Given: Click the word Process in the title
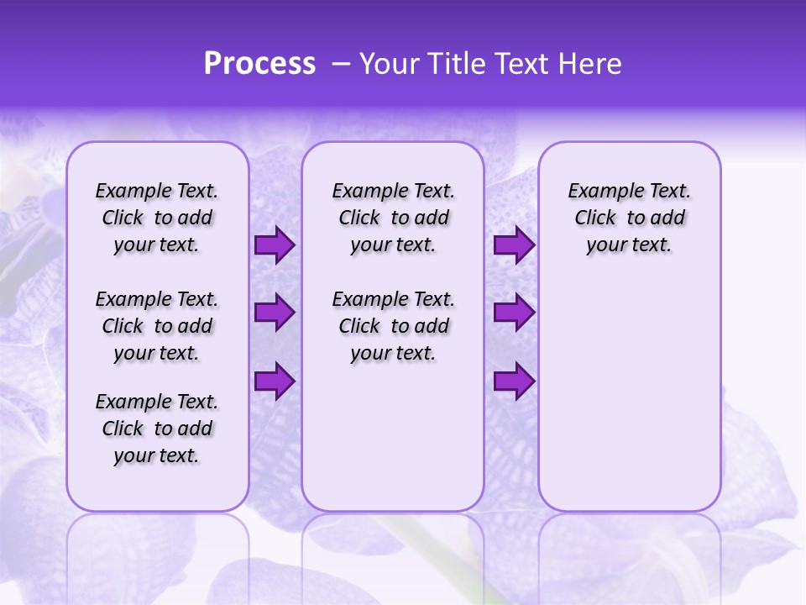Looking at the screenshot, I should point(259,64).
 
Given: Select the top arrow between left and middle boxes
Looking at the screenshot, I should point(275,245).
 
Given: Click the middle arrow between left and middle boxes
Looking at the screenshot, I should point(275,313).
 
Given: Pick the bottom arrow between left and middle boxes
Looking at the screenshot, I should point(275,381).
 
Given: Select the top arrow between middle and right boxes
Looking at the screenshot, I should point(514,245).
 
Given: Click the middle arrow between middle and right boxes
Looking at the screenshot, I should point(514,313).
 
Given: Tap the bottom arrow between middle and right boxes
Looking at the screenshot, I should point(514,381).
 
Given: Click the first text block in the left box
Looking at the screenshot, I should point(157,218).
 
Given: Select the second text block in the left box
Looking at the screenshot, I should point(157,326).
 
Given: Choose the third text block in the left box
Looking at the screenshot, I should point(157,429).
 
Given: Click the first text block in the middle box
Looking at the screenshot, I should point(393,218).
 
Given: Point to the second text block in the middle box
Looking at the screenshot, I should point(393,326).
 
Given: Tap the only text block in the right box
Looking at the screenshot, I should point(629,218).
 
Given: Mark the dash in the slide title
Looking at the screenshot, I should point(341,64).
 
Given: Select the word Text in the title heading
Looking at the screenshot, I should point(520,64).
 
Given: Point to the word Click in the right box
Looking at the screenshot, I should point(595,218).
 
